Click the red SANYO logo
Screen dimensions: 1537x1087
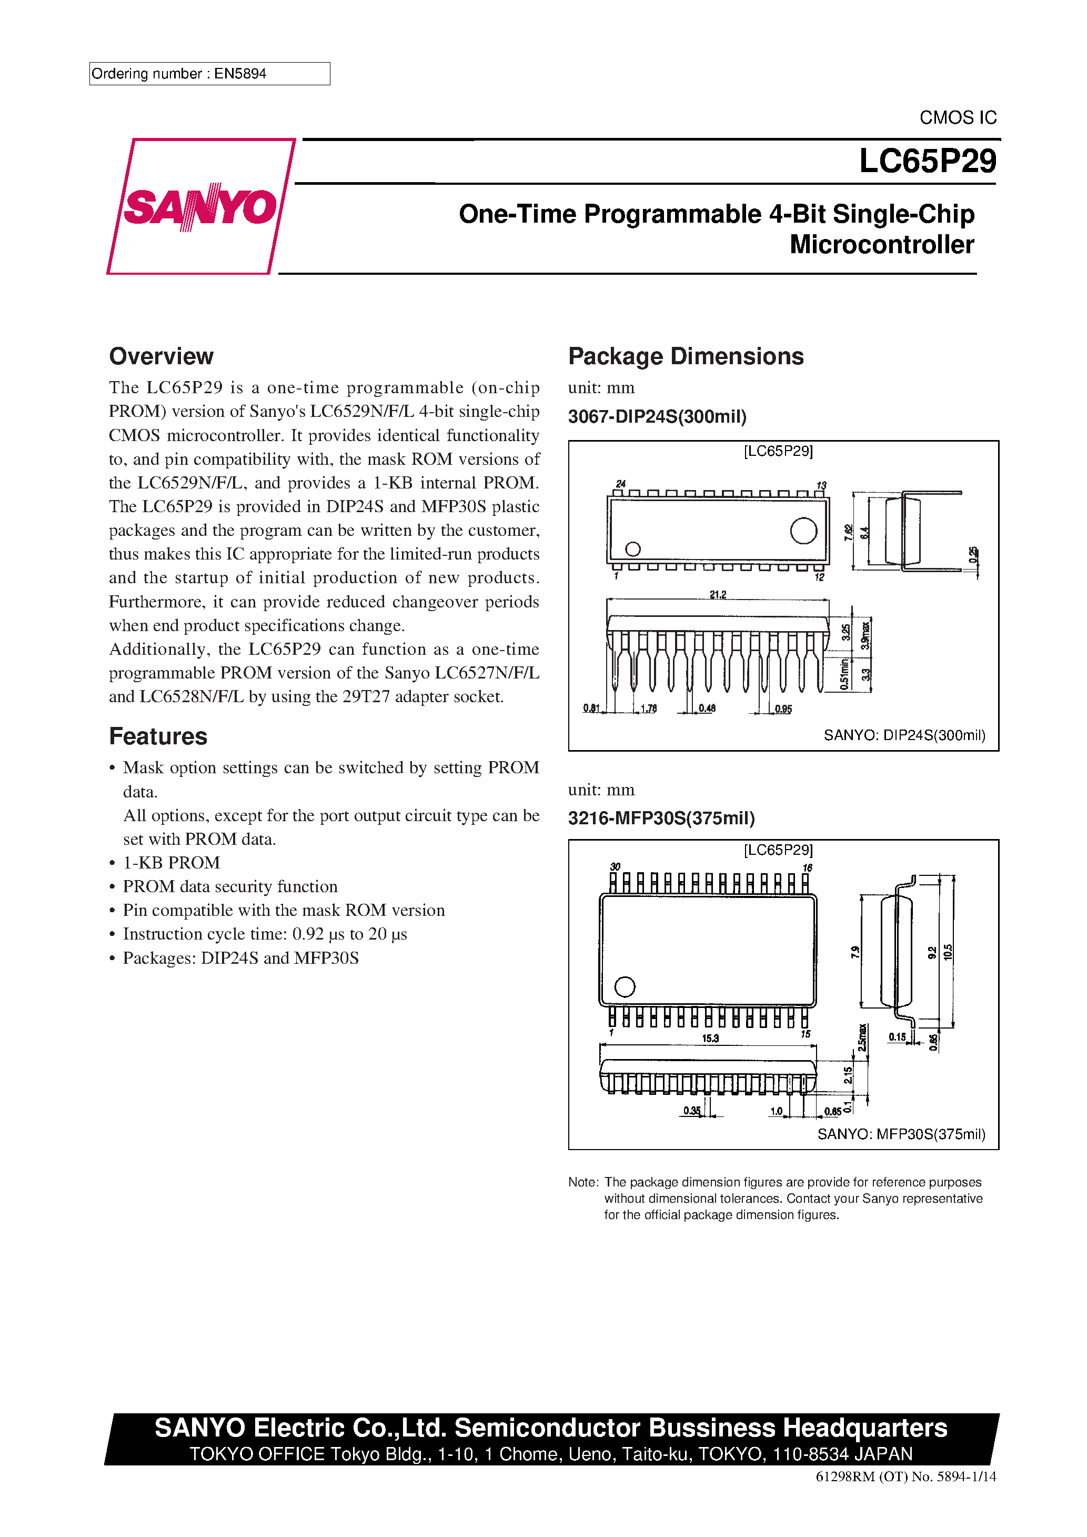coord(199,207)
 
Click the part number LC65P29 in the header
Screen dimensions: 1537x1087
coord(927,161)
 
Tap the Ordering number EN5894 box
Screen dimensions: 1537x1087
coord(209,74)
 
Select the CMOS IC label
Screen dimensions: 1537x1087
coord(957,118)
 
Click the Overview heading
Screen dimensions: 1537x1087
coord(162,356)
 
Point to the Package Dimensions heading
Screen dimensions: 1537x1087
coord(686,356)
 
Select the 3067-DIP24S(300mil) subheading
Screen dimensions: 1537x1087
coord(657,417)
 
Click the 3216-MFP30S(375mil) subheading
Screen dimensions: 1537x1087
coord(661,818)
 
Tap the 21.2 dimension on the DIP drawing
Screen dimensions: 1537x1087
coord(718,594)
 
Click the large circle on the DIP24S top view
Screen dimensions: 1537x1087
coord(803,531)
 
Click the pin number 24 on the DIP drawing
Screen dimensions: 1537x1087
coord(620,483)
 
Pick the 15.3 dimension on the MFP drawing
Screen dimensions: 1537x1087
coord(710,1039)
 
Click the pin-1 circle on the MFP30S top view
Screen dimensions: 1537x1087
coord(625,987)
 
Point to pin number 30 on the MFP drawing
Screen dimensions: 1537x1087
coord(615,866)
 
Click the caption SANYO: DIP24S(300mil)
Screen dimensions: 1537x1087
coord(904,735)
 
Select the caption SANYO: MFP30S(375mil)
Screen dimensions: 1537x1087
coord(901,1134)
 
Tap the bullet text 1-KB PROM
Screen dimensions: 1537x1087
coord(172,863)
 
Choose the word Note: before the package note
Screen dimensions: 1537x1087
coord(583,1182)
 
